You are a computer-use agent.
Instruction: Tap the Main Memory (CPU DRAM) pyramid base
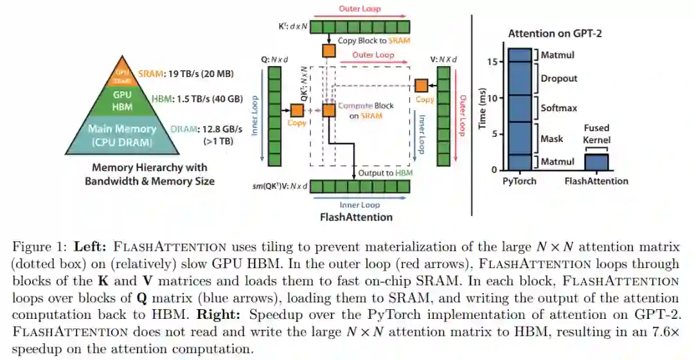[121, 135]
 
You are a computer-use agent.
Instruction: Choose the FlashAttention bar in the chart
[596, 162]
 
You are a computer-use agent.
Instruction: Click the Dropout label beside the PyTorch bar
[558, 78]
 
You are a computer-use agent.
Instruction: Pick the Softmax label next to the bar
[557, 108]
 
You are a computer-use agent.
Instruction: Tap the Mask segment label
[551, 139]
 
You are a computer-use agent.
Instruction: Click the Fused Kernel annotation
[596, 134]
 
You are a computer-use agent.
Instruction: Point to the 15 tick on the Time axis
[493, 62]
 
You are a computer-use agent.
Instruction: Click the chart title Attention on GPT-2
[551, 33]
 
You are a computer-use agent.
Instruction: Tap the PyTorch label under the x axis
[519, 181]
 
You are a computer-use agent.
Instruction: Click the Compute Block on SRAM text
[366, 111]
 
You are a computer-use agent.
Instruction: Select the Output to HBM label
[381, 174]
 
